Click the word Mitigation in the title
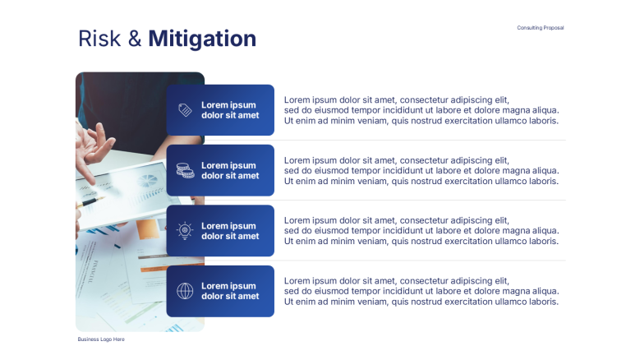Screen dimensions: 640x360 pos(202,39)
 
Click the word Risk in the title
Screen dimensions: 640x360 pos(99,39)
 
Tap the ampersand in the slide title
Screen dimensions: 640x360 pos(135,39)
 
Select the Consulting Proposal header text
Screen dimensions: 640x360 pos(541,28)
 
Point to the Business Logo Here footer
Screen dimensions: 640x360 pos(101,339)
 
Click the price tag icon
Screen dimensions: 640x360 pos(185,110)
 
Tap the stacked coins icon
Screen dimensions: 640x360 pos(185,170)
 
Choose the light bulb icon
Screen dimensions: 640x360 pos(185,231)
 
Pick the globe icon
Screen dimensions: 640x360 pos(185,291)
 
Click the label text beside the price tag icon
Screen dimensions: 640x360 pos(230,110)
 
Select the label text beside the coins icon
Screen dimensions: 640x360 pos(230,171)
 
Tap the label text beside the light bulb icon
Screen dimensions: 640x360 pos(230,231)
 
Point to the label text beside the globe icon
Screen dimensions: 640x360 pos(230,291)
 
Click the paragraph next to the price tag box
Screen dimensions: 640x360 pos(421,110)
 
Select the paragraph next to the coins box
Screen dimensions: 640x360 pos(421,171)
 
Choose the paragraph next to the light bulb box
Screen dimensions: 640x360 pos(421,231)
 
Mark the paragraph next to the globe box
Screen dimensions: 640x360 pos(421,291)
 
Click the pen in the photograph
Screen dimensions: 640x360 pos(90,202)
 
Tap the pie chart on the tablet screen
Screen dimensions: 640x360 pos(147,180)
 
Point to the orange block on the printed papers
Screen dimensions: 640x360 pos(147,229)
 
